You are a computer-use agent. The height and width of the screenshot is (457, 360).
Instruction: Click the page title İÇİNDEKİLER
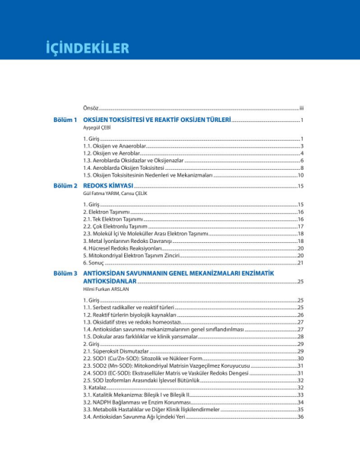pyautogui.click(x=86, y=48)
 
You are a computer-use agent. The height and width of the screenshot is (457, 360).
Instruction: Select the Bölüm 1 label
pyautogui.click(x=65, y=120)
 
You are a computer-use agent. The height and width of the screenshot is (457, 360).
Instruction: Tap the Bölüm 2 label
pyautogui.click(x=65, y=185)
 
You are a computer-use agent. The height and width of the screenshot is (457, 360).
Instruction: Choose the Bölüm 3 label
pyautogui.click(x=65, y=272)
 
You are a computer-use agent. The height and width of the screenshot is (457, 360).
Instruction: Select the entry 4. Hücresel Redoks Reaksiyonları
pyautogui.click(x=123, y=248)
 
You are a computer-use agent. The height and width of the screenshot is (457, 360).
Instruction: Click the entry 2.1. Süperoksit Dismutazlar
pyautogui.click(x=116, y=350)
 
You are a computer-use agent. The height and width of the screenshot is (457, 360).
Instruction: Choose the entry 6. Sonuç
pyautogui.click(x=96, y=263)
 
